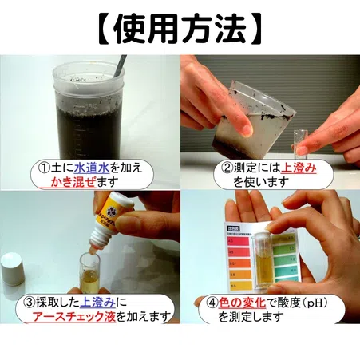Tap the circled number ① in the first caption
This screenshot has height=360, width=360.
pyautogui.click(x=46, y=168)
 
